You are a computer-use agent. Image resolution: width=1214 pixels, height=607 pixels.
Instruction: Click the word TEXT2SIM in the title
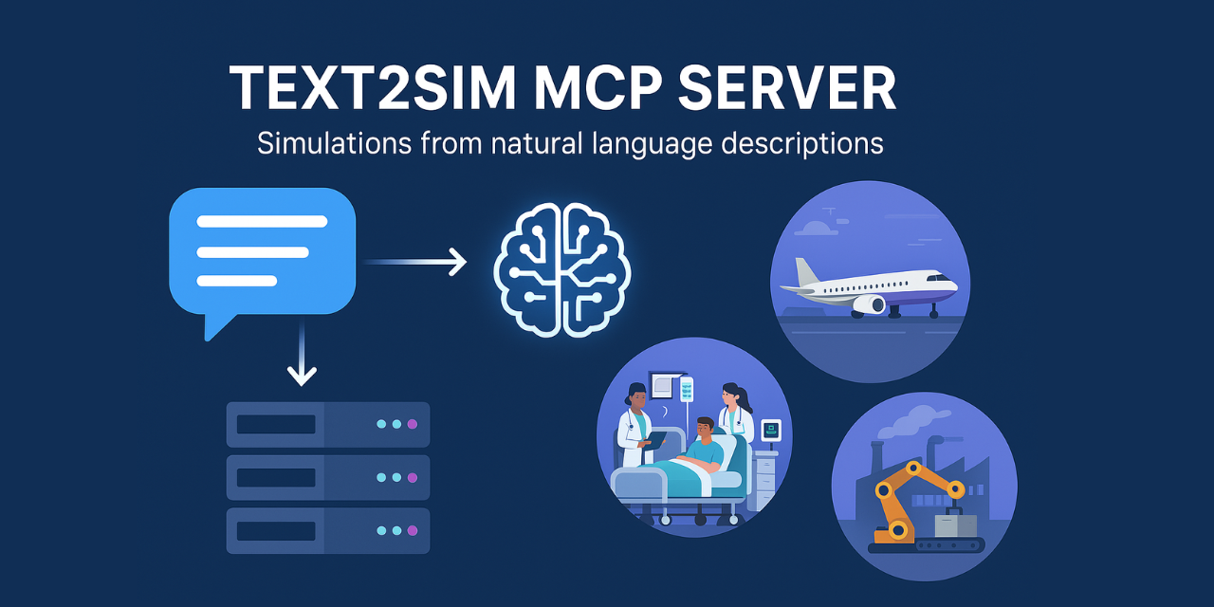click(x=371, y=90)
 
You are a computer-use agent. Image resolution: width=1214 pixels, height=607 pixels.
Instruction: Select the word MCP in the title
click(x=591, y=90)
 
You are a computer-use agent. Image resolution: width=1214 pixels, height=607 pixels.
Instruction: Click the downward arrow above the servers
click(x=302, y=356)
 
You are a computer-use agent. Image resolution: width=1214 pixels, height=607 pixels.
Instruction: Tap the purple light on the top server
click(x=412, y=424)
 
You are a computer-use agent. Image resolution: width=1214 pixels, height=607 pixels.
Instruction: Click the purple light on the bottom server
click(x=412, y=530)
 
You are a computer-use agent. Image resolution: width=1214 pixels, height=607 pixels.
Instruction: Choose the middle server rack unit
click(x=327, y=477)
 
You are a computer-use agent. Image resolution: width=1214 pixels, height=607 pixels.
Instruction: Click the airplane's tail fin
click(x=807, y=272)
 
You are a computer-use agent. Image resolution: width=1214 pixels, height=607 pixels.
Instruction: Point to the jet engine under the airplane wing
click(x=870, y=304)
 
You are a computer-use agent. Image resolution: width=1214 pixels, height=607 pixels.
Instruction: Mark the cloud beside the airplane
click(x=817, y=228)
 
